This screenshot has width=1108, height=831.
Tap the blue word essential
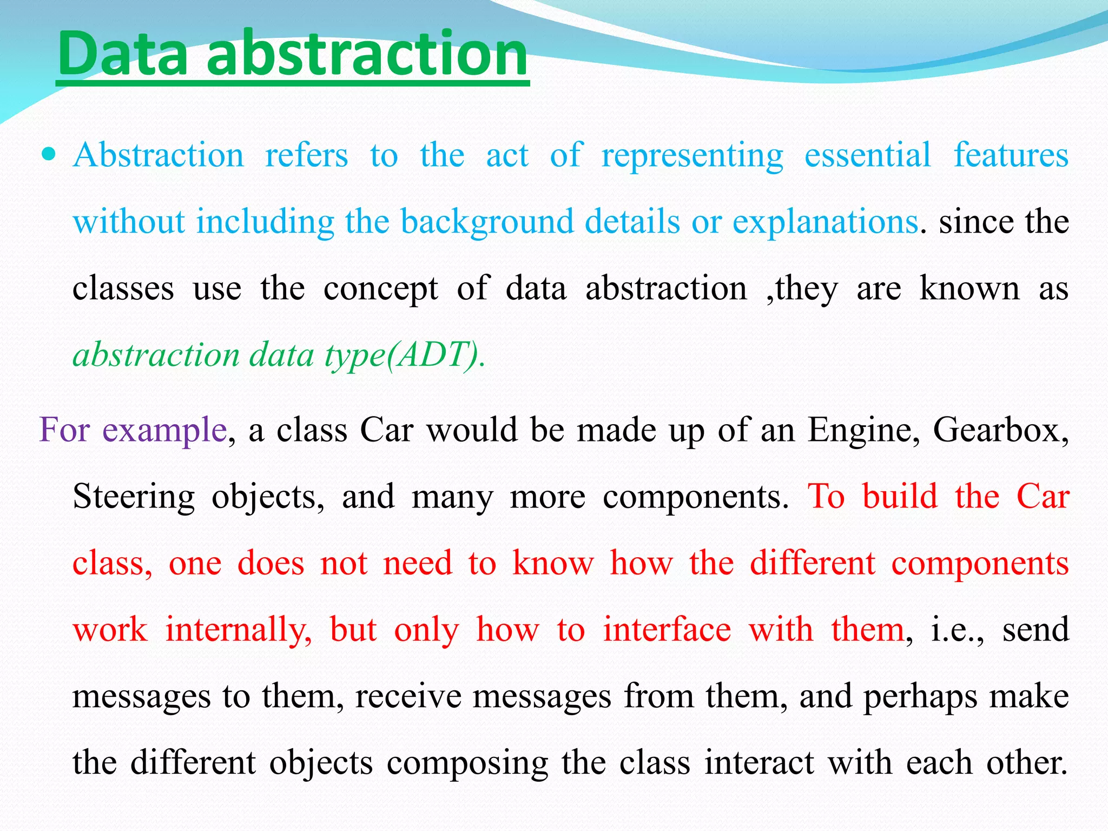point(868,156)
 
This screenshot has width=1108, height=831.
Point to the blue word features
point(1011,156)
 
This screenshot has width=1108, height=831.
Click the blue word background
point(487,223)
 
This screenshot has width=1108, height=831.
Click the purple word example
point(164,431)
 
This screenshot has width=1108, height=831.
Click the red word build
point(900,497)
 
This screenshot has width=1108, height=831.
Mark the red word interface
point(667,630)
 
